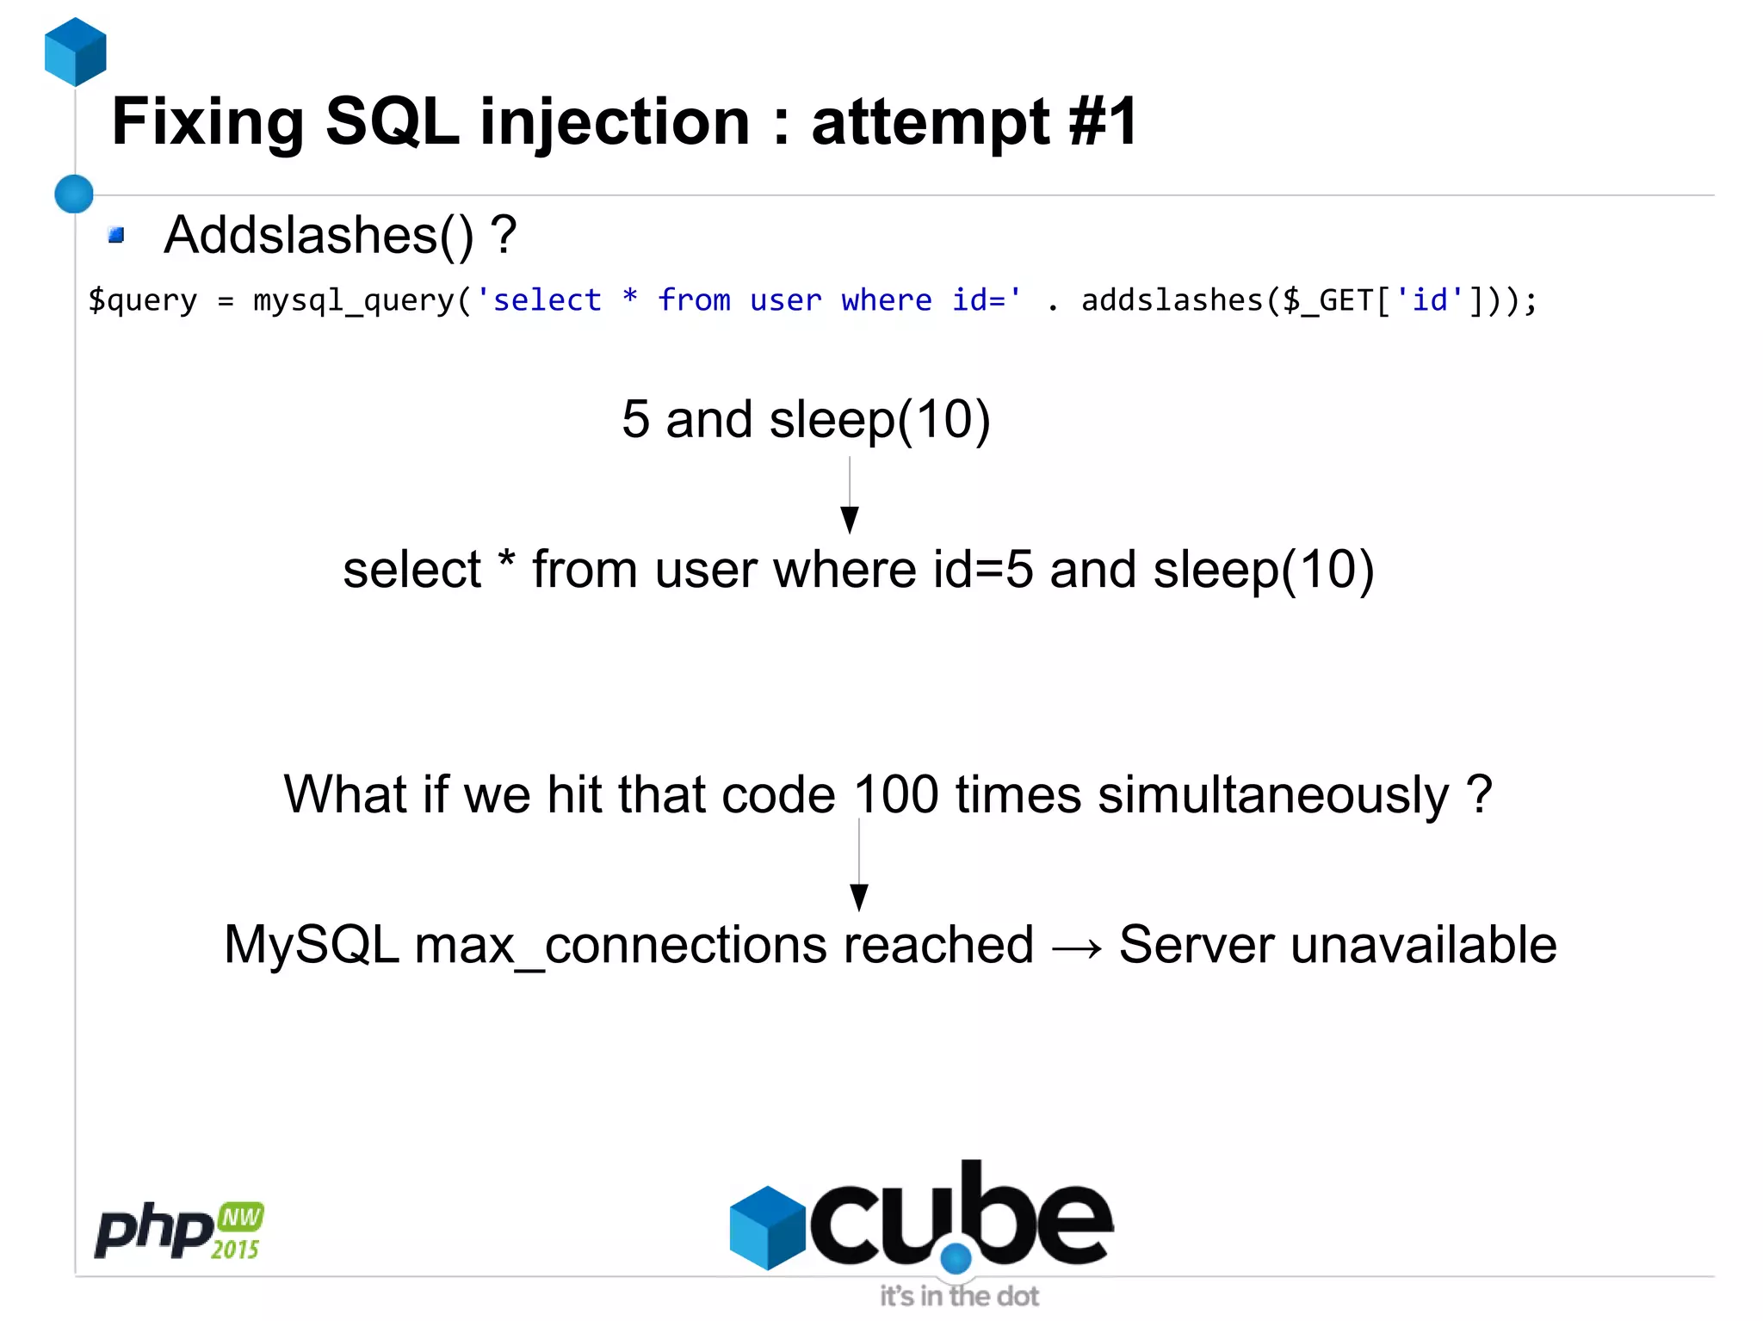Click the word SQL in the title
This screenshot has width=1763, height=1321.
click(392, 122)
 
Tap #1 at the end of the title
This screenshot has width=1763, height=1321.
click(1103, 122)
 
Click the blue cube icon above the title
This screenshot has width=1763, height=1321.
click(76, 52)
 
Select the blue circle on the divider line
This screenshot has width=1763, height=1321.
click(74, 194)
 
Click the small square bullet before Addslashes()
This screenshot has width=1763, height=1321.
click(116, 235)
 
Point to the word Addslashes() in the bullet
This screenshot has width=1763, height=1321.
click(319, 235)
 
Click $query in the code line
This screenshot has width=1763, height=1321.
click(143, 300)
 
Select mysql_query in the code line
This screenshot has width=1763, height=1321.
click(354, 300)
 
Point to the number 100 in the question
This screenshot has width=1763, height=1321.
click(895, 793)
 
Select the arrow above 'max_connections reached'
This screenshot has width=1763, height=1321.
click(859, 865)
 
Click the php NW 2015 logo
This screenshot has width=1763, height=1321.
click(179, 1231)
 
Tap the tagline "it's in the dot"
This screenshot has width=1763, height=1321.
click(959, 1295)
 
